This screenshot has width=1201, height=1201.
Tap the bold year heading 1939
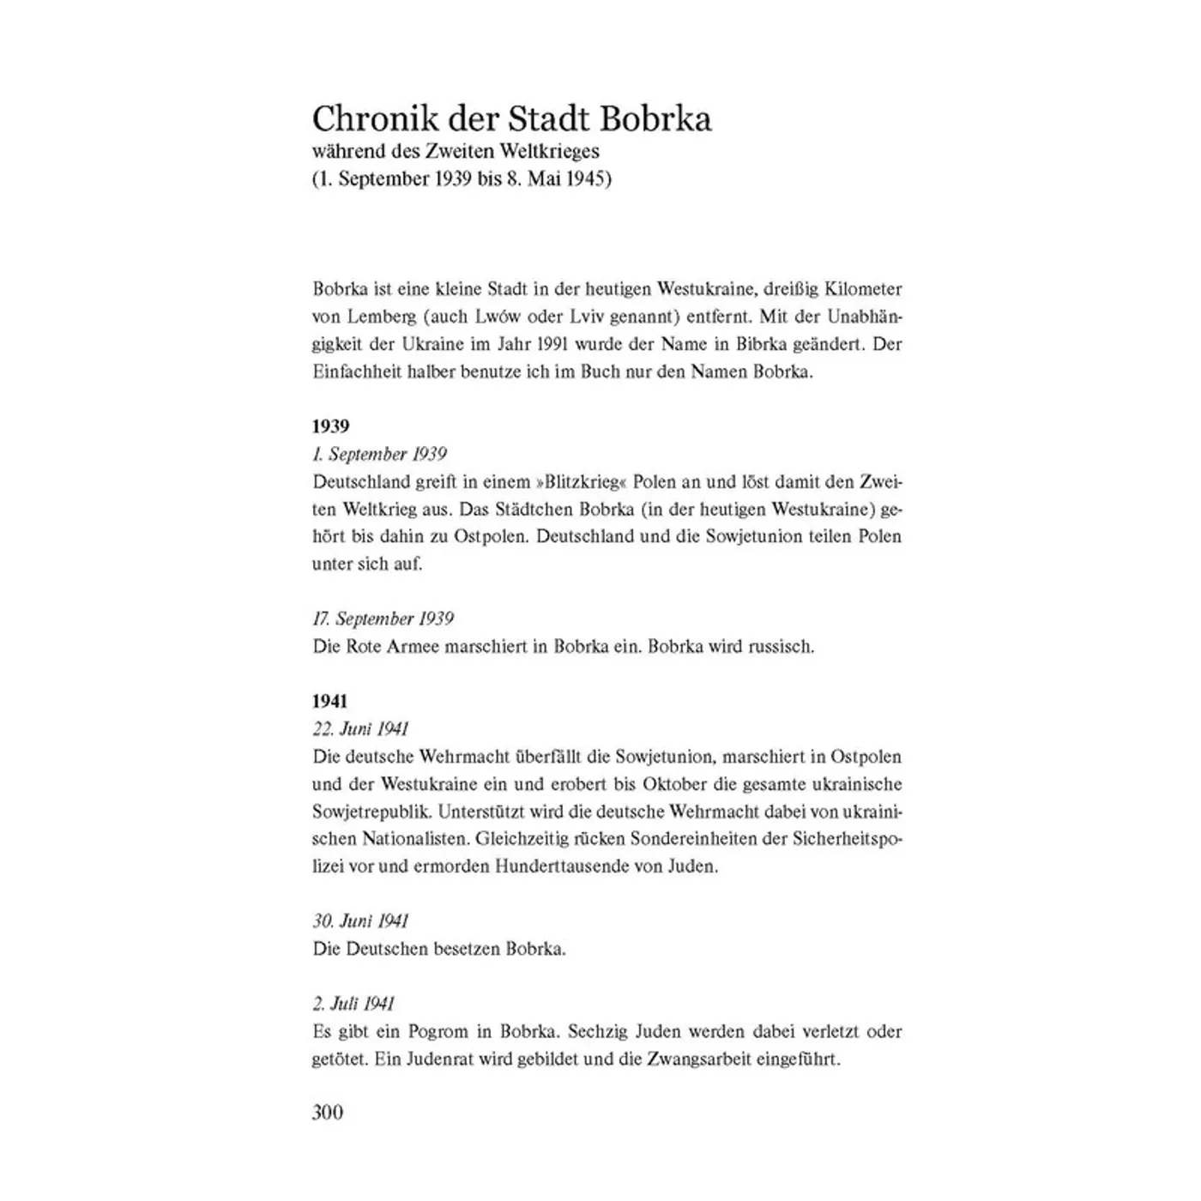click(330, 426)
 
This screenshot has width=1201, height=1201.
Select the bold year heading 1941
click(330, 702)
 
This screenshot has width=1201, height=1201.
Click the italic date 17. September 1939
click(383, 619)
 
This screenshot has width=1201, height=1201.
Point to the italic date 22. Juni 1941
click(360, 729)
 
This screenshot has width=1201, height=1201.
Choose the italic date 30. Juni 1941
click(360, 921)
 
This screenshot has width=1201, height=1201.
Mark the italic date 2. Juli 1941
click(353, 1004)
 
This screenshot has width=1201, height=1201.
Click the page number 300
click(328, 1113)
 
